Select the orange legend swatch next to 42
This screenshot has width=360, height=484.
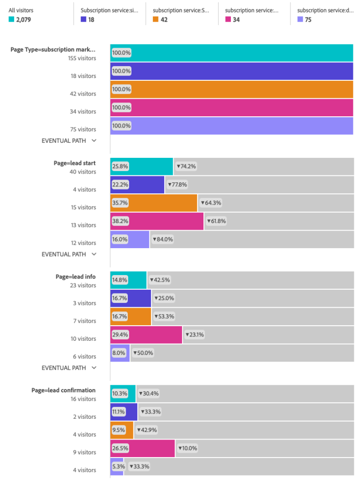pyautogui.click(x=156, y=20)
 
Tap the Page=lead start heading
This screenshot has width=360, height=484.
pyautogui.click(x=74, y=163)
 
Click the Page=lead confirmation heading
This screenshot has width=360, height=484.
pyautogui.click(x=63, y=390)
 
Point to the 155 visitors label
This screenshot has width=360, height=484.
pyautogui.click(x=81, y=58)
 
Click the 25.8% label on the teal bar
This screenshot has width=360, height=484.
pyautogui.click(x=120, y=166)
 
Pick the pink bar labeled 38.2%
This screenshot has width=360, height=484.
pyautogui.click(x=157, y=221)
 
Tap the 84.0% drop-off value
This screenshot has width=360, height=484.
pyautogui.click(x=162, y=239)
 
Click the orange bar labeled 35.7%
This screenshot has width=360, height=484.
pyautogui.click(x=154, y=203)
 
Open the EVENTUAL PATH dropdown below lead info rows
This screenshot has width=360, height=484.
pyautogui.click(x=69, y=368)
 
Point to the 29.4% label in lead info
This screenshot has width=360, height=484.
pyautogui.click(x=120, y=335)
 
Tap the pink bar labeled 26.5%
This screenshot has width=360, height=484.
pyautogui.click(x=142, y=448)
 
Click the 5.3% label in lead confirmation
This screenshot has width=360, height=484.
pyautogui.click(x=118, y=467)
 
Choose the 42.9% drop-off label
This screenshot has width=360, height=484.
pyautogui.click(x=147, y=430)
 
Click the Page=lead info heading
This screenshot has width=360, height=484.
pyautogui.click(x=75, y=277)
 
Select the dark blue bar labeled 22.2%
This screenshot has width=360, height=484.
pyautogui.click(x=137, y=184)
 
